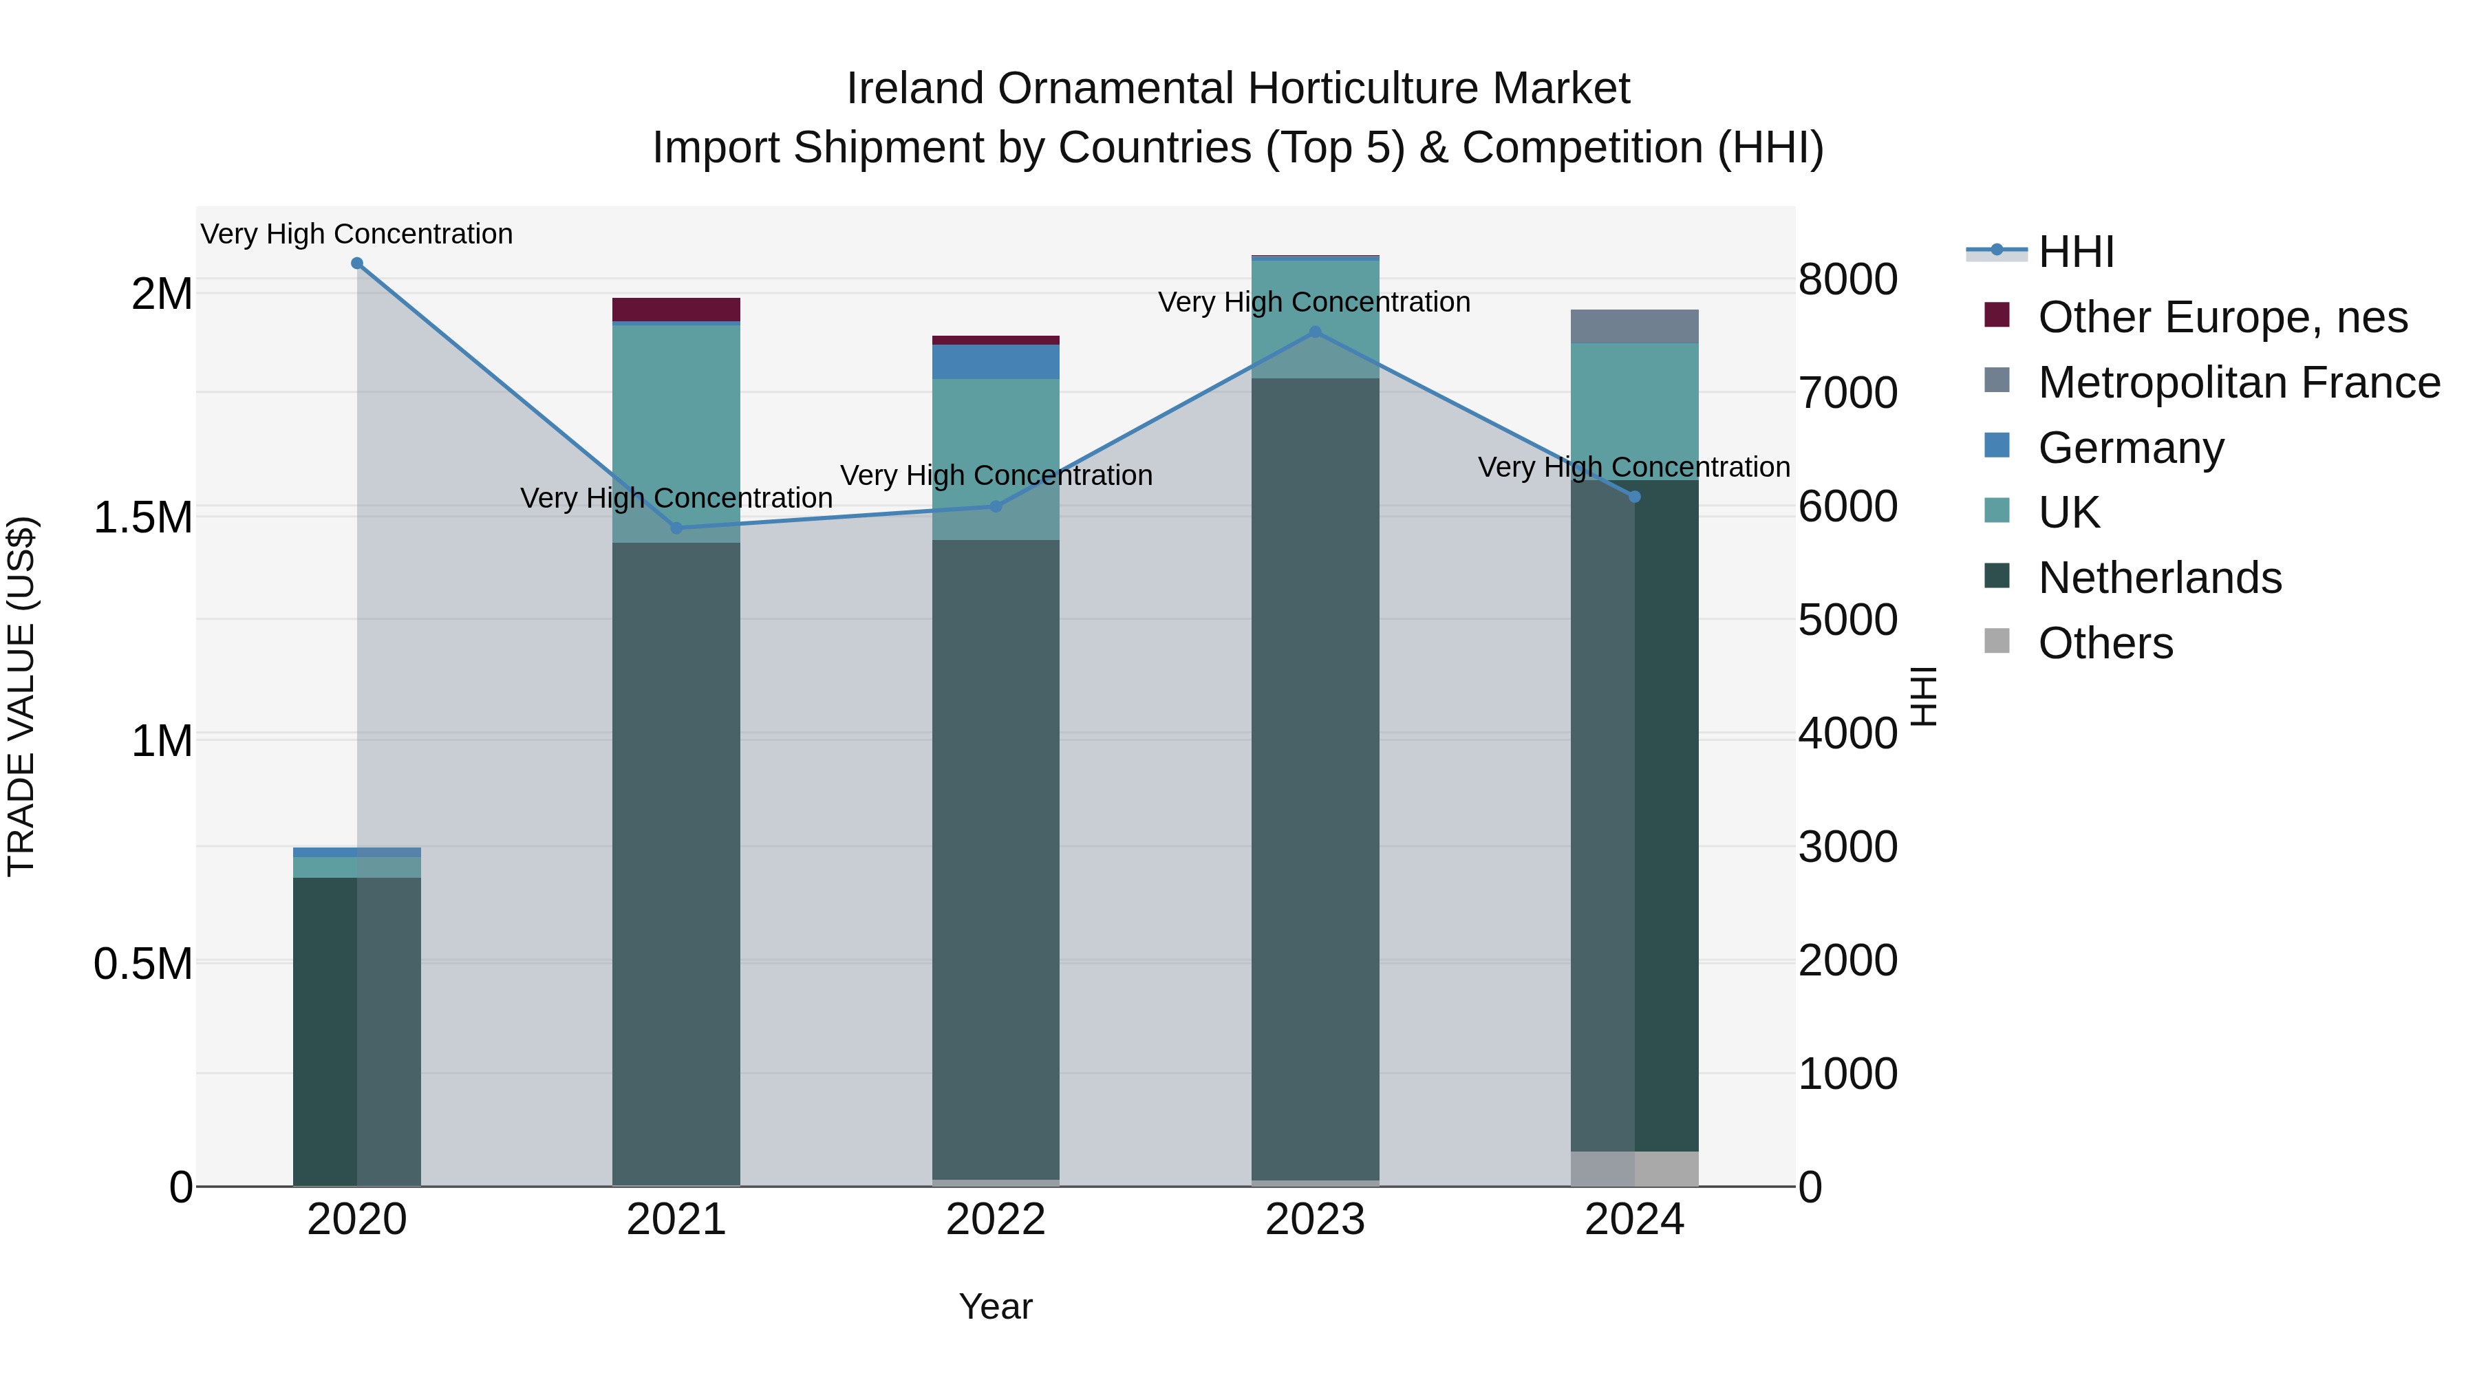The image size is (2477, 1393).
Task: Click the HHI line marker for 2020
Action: pos(356,263)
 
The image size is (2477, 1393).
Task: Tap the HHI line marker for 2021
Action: pos(676,528)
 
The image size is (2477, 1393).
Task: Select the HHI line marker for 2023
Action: pos(1316,332)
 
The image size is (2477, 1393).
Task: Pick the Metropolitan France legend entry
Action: pos(2238,382)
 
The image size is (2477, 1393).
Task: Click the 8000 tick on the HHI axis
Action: pos(1847,280)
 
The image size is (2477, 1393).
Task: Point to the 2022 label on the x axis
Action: pos(995,1220)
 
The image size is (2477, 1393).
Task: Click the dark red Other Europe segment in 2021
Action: pos(676,310)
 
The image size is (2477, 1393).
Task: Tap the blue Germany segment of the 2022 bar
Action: pos(995,361)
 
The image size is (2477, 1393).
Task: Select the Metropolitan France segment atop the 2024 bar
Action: pos(1635,327)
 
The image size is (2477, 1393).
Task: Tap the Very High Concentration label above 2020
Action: pos(356,234)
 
